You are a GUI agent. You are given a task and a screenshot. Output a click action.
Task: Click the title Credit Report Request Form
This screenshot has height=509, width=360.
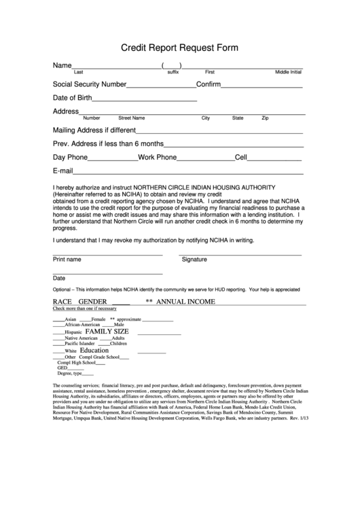179,49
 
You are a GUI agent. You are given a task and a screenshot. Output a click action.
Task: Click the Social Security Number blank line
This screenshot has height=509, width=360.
161,86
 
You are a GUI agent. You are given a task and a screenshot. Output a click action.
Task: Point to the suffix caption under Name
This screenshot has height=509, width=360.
173,71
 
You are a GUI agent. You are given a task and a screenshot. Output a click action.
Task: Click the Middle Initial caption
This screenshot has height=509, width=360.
288,71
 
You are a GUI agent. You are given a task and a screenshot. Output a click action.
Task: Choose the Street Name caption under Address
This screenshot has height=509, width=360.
131,118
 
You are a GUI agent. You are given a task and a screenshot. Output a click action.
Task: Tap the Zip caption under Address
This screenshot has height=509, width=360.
265,118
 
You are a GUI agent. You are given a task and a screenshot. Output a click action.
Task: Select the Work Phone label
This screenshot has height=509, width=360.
157,157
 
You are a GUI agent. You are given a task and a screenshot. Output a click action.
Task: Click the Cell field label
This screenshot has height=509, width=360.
240,157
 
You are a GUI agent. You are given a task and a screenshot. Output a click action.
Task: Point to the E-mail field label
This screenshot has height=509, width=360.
62,171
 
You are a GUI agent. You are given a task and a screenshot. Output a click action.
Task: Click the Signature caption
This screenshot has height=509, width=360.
194,260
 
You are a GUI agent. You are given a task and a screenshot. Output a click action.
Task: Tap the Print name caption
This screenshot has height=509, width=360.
67,260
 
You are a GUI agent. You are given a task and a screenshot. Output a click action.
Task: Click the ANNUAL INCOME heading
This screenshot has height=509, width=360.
186,301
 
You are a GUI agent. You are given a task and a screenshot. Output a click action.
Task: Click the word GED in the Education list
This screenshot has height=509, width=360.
62,368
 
